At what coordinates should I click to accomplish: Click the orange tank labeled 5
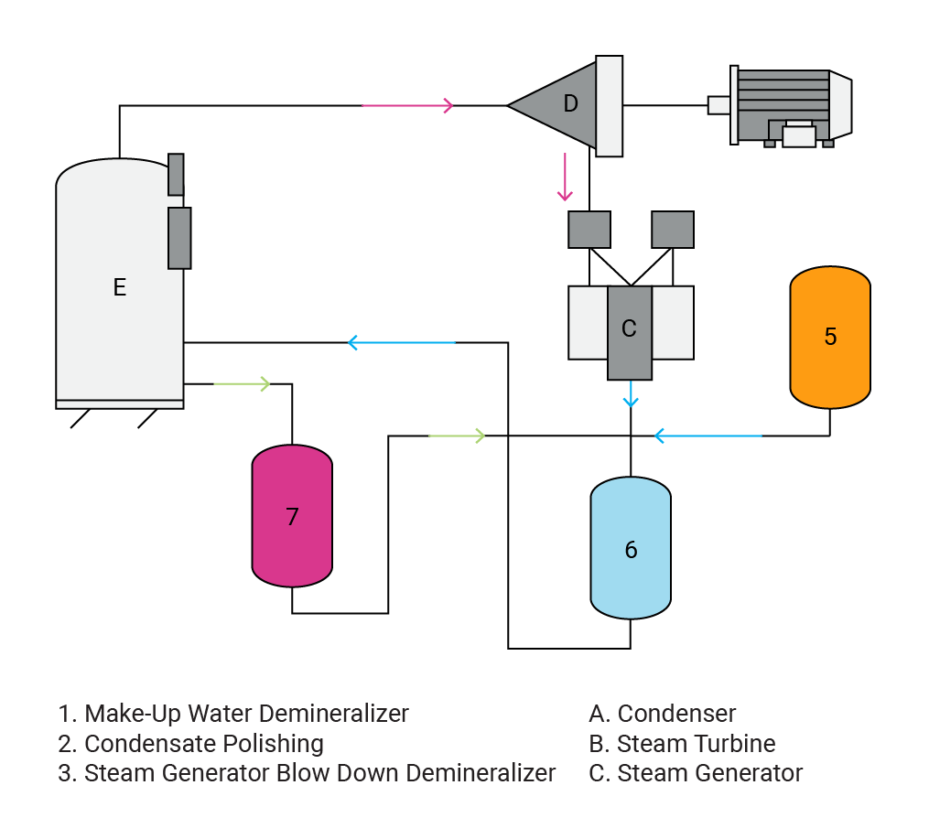[830, 337]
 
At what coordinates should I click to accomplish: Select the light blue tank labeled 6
[631, 549]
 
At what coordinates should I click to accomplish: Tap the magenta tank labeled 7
[292, 517]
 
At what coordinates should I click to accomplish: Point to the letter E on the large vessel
[119, 287]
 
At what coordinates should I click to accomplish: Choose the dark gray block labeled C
[630, 329]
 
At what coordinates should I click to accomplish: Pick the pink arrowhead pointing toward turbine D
[448, 105]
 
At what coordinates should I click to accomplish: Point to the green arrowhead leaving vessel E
[265, 383]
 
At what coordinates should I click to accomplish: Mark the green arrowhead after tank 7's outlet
[479, 436]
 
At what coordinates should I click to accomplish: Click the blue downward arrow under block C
[631, 401]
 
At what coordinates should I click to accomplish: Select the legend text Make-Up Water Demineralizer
[233, 714]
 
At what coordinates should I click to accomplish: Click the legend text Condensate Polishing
[190, 743]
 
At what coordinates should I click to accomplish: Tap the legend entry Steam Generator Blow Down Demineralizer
[307, 773]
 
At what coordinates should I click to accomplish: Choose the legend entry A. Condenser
[663, 714]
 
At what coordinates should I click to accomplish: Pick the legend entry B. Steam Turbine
[682, 743]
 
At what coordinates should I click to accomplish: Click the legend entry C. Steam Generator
[696, 773]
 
